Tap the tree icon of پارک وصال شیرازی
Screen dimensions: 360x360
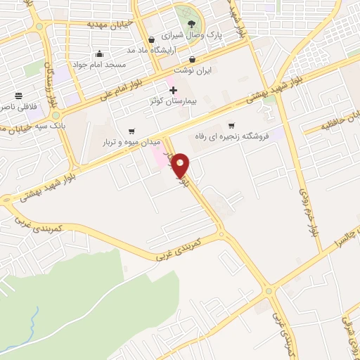tap(191, 25)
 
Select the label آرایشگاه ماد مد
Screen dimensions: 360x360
tap(150, 51)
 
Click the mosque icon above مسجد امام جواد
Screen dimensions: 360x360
tap(99, 54)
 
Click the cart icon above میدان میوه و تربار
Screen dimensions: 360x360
tap(131, 131)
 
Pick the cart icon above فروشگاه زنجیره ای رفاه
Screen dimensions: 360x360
tap(231, 126)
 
